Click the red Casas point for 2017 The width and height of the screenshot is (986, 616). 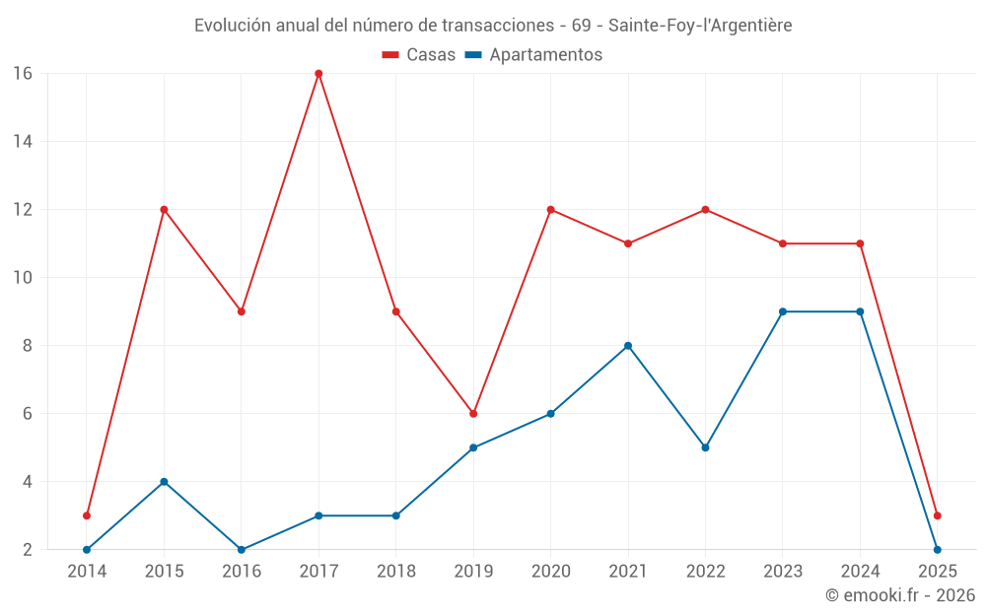[318, 74]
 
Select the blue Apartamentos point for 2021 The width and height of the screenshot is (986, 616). [628, 346]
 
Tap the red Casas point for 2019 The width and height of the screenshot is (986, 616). [473, 414]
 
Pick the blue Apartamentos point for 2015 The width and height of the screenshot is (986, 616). [164, 482]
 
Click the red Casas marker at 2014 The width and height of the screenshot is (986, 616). [87, 515]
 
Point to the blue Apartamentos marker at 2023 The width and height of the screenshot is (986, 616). [783, 311]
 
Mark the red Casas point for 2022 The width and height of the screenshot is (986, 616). [705, 210]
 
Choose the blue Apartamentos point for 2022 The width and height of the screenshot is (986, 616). [705, 447]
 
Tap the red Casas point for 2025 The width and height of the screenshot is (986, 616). [937, 515]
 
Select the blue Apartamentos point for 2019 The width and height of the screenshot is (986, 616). [473, 447]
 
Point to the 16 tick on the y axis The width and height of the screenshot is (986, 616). [23, 74]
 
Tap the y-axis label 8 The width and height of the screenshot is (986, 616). [28, 346]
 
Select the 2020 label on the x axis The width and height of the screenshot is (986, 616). [550, 572]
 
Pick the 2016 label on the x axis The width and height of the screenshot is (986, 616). [242, 572]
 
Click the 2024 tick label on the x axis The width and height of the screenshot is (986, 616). [860, 572]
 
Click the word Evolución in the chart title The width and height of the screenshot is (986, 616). [232, 26]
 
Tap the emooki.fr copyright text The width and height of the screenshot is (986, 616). [900, 595]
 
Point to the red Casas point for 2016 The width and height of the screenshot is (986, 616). [242, 311]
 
